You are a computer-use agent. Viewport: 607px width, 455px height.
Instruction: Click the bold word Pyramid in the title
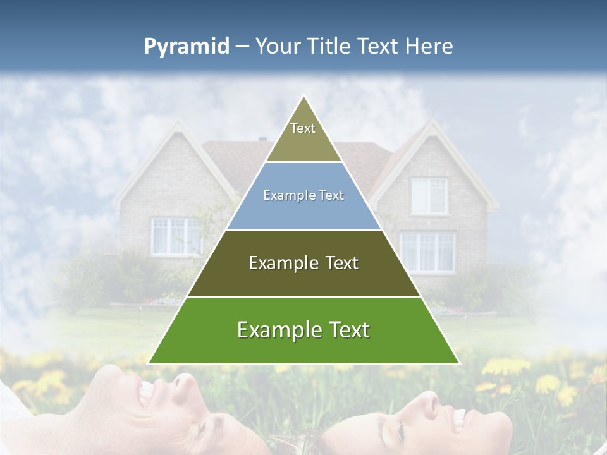click(x=186, y=47)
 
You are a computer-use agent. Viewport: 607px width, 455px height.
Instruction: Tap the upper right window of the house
click(x=429, y=195)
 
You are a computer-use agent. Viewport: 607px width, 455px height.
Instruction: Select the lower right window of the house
click(x=427, y=252)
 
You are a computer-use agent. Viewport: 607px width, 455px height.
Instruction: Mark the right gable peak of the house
click(x=432, y=121)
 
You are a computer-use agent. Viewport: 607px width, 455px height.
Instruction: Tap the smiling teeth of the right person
click(x=458, y=417)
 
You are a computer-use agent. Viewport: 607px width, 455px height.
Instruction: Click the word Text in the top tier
click(x=303, y=128)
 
